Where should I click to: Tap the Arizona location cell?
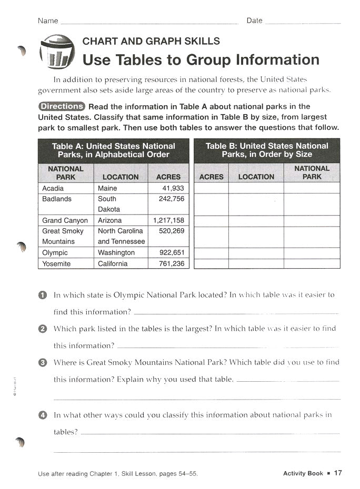point(109,220)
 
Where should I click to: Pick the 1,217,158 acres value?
point(169,220)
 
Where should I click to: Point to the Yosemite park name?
point(56,263)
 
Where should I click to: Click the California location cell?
point(113,263)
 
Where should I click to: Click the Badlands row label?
point(57,199)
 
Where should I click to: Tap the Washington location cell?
point(116,252)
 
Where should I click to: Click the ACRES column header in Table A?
point(168,177)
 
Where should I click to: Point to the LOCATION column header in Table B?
point(256,177)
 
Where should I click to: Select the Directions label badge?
point(62,106)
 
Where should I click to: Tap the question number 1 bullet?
point(43,296)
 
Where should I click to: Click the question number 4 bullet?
point(43,415)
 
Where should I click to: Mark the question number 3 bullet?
point(43,363)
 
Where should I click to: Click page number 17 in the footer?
point(338,473)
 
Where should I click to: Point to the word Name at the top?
point(48,21)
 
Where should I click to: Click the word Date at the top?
point(254,21)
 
